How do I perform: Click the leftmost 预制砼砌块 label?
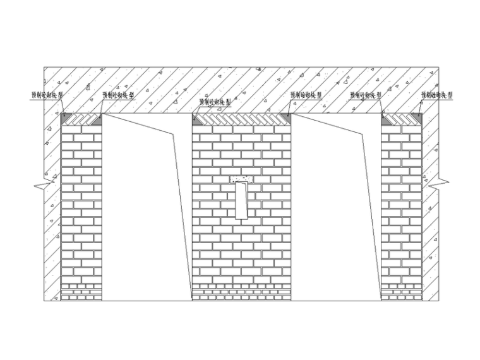(47, 95)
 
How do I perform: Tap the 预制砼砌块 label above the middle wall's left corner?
(215, 100)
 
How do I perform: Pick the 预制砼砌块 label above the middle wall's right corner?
(306, 95)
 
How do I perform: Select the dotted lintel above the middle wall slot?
(241, 179)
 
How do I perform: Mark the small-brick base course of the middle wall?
(241, 291)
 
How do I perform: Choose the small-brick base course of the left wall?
(81, 291)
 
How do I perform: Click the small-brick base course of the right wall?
(401, 291)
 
